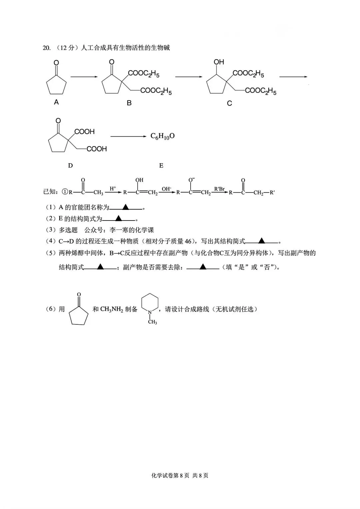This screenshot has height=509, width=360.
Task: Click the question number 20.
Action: pyautogui.click(x=46, y=48)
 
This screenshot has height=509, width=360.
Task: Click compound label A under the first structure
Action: pyautogui.click(x=56, y=102)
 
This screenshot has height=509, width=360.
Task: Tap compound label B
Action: pyautogui.click(x=129, y=103)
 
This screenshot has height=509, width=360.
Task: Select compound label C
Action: pyautogui.click(x=229, y=103)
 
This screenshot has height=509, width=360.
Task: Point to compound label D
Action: pyautogui.click(x=70, y=166)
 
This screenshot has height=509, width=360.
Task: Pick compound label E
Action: pyautogui.click(x=161, y=166)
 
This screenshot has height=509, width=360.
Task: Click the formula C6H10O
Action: pyautogui.click(x=162, y=136)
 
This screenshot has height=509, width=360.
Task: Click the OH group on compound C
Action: pyautogui.click(x=219, y=62)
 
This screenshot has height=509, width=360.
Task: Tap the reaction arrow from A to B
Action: pyautogui.click(x=84, y=77)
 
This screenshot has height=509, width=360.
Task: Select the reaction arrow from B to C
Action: pyautogui.click(x=189, y=77)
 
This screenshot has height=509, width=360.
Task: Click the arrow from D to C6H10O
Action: pyautogui.click(x=128, y=136)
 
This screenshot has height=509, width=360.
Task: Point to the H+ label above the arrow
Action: pyautogui.click(x=113, y=188)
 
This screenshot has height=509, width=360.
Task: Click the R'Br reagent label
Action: pyautogui.click(x=219, y=189)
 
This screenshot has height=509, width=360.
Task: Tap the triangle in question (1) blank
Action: pyautogui.click(x=126, y=207)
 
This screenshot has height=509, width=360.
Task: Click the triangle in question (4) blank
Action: pyautogui.click(x=262, y=241)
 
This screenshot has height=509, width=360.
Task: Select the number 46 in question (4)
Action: pyautogui.click(x=188, y=241)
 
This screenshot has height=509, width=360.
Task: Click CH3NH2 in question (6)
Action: pyautogui.click(x=111, y=309)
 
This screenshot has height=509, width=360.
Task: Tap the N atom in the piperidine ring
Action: pyautogui.click(x=150, y=312)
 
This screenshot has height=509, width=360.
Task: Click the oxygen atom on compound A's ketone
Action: pyautogui.click(x=56, y=63)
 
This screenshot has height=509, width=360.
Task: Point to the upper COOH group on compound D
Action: pyautogui.click(x=85, y=132)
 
